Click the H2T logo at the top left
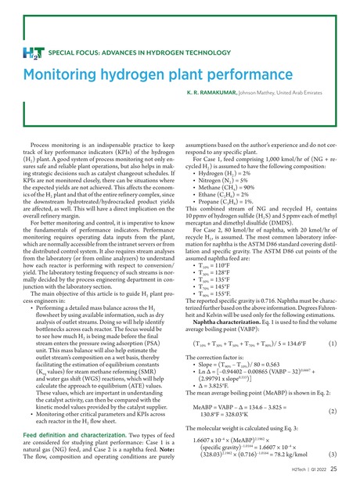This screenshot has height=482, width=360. [x=37, y=52]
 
